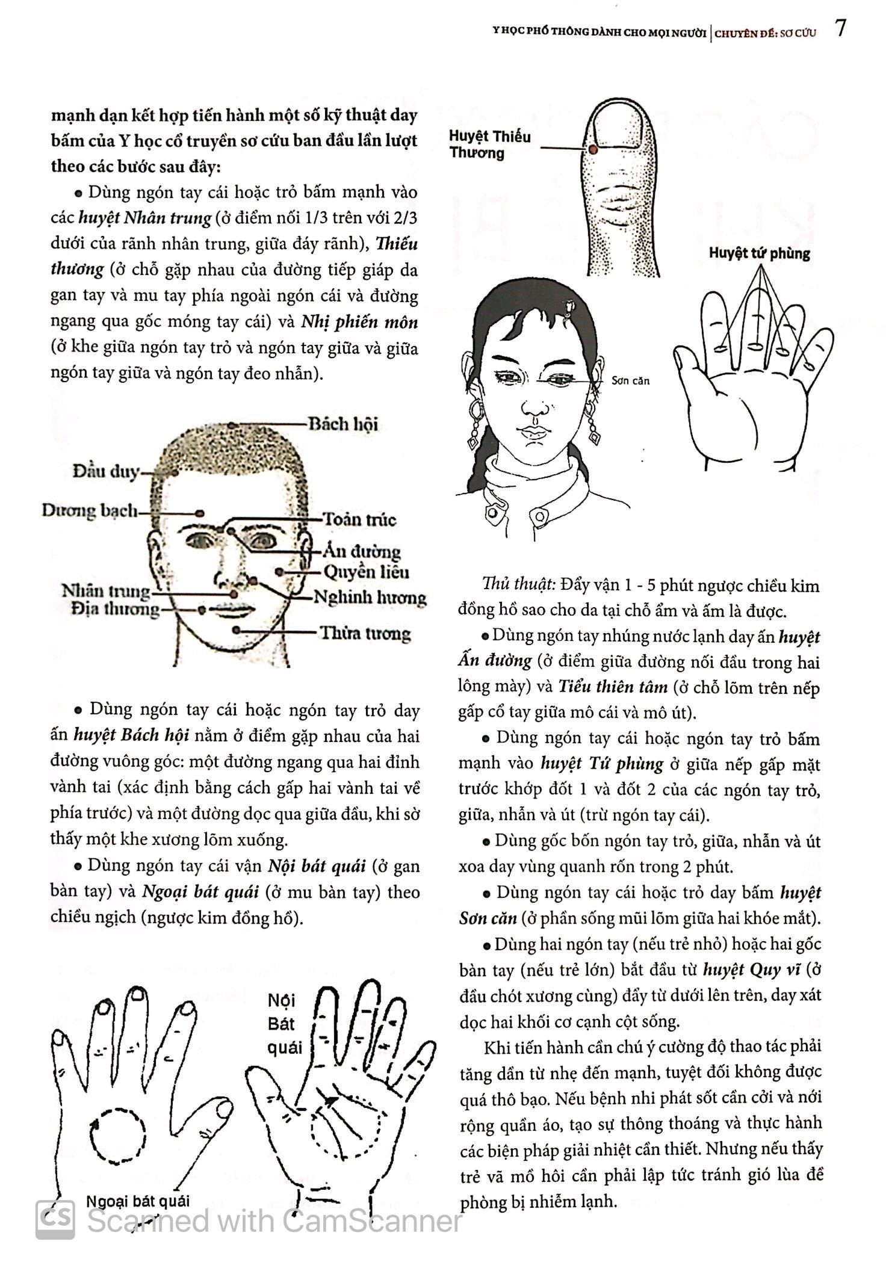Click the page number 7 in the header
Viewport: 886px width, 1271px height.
tap(841, 28)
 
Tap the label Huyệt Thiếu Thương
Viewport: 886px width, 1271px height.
tap(489, 144)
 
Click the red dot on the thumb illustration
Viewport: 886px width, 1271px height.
tap(592, 148)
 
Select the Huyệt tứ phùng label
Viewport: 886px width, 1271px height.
tap(759, 253)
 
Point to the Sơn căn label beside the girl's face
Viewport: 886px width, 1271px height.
tap(630, 381)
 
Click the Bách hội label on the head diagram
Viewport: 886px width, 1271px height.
tap(343, 424)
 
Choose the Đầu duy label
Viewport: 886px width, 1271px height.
tap(106, 471)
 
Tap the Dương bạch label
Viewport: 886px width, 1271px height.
tap(89, 512)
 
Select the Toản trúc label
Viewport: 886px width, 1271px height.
tap(359, 519)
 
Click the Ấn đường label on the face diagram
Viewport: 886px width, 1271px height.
tap(361, 551)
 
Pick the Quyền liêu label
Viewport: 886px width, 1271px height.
tap(366, 572)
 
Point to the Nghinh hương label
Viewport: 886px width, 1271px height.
tap(370, 598)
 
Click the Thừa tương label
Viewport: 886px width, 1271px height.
tap(365, 633)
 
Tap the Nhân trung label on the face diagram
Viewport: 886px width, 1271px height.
tap(106, 592)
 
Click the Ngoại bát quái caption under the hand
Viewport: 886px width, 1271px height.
tap(138, 1201)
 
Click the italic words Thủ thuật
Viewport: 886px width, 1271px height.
tap(518, 584)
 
